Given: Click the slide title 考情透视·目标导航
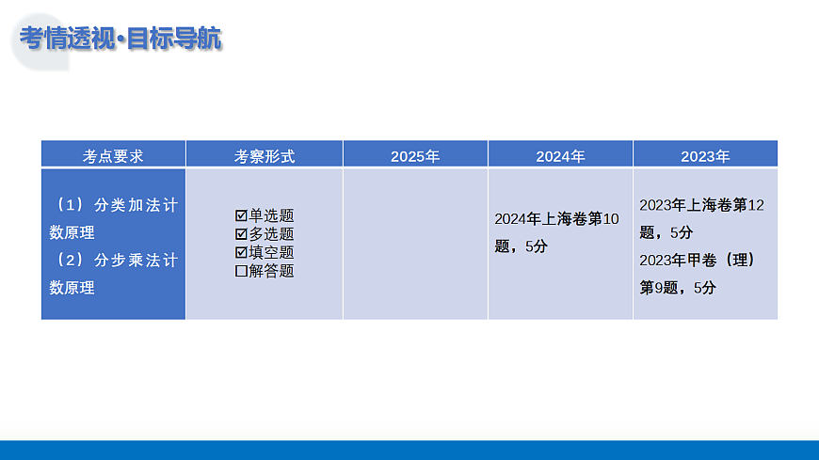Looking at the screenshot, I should point(120,40).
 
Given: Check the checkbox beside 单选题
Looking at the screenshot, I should point(241,216).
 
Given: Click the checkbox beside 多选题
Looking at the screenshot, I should point(241,234).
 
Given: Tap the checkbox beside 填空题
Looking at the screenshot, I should point(241,253).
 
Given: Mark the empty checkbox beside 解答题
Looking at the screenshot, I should point(241,271).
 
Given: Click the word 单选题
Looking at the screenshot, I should point(272,216).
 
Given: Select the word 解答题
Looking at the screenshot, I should point(272,271).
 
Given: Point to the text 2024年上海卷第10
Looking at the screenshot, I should point(556,219).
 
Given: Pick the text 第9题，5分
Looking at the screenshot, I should point(677,288).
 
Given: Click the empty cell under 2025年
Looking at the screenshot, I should point(415,244).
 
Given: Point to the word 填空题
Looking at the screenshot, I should point(272,253).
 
